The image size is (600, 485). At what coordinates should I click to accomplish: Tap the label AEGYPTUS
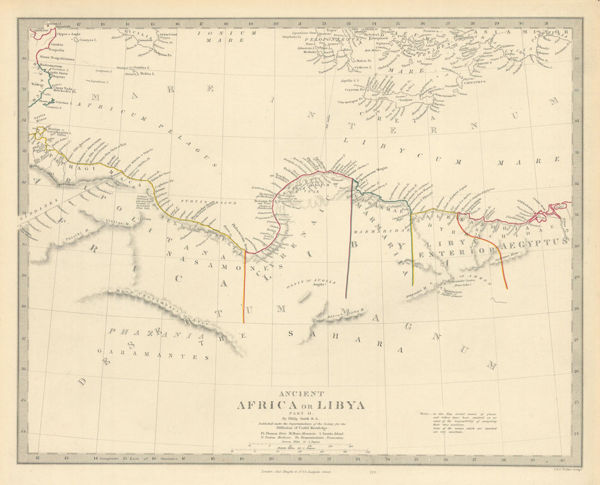coord(536,241)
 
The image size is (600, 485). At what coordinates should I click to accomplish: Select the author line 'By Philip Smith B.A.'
coord(300,418)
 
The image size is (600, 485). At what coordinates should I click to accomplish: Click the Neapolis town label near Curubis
coord(48,50)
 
